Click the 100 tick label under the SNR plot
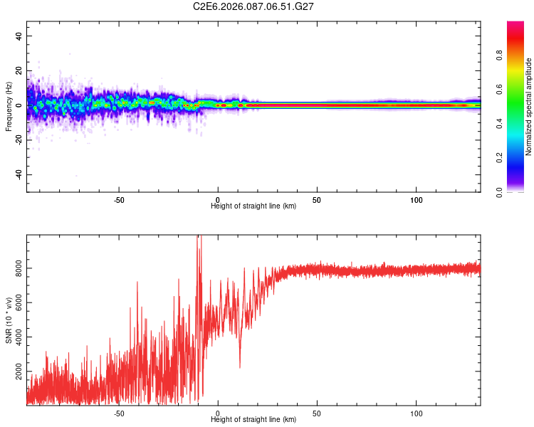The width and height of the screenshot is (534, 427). tap(417, 413)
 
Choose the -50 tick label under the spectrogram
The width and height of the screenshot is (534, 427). tap(119, 199)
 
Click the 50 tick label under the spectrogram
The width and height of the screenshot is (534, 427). tap(318, 199)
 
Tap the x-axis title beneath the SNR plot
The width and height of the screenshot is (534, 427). tap(253, 420)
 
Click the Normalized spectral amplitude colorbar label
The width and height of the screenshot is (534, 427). tap(528, 107)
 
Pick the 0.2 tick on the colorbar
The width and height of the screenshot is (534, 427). tap(520, 158)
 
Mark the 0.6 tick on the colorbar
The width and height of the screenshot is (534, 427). tap(520, 90)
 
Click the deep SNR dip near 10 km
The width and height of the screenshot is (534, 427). tap(239, 367)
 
